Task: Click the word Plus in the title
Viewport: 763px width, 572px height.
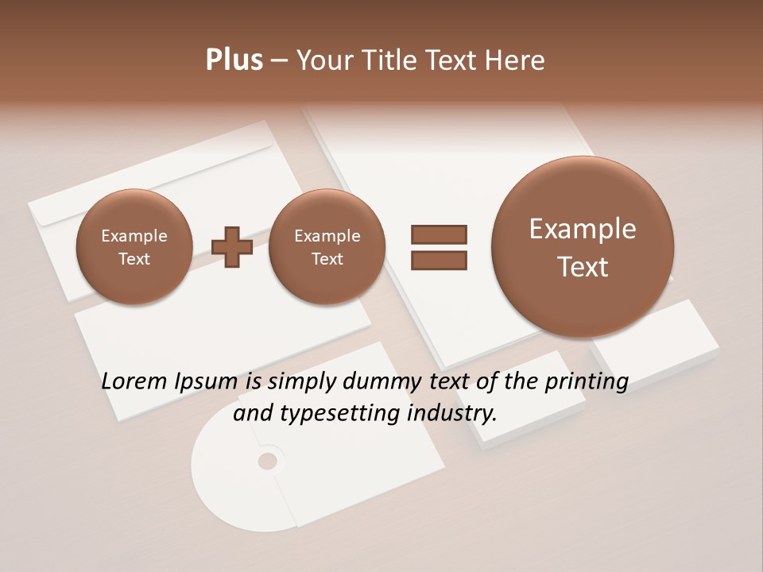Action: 234,60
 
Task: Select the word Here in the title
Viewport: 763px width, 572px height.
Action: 514,60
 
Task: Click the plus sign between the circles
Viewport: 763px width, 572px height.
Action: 233,247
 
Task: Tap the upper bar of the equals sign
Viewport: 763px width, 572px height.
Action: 439,234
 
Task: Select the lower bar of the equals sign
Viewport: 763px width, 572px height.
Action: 439,260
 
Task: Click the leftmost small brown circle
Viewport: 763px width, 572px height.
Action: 134,247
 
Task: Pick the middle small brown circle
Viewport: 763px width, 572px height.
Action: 327,247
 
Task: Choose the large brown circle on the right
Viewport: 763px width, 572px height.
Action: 583,247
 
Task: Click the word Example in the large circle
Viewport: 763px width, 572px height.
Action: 583,229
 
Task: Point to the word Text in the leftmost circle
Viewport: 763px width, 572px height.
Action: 134,259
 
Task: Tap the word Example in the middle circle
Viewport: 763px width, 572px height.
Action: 327,236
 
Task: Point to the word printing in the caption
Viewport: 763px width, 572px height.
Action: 586,381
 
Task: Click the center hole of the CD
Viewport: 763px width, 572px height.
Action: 268,461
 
